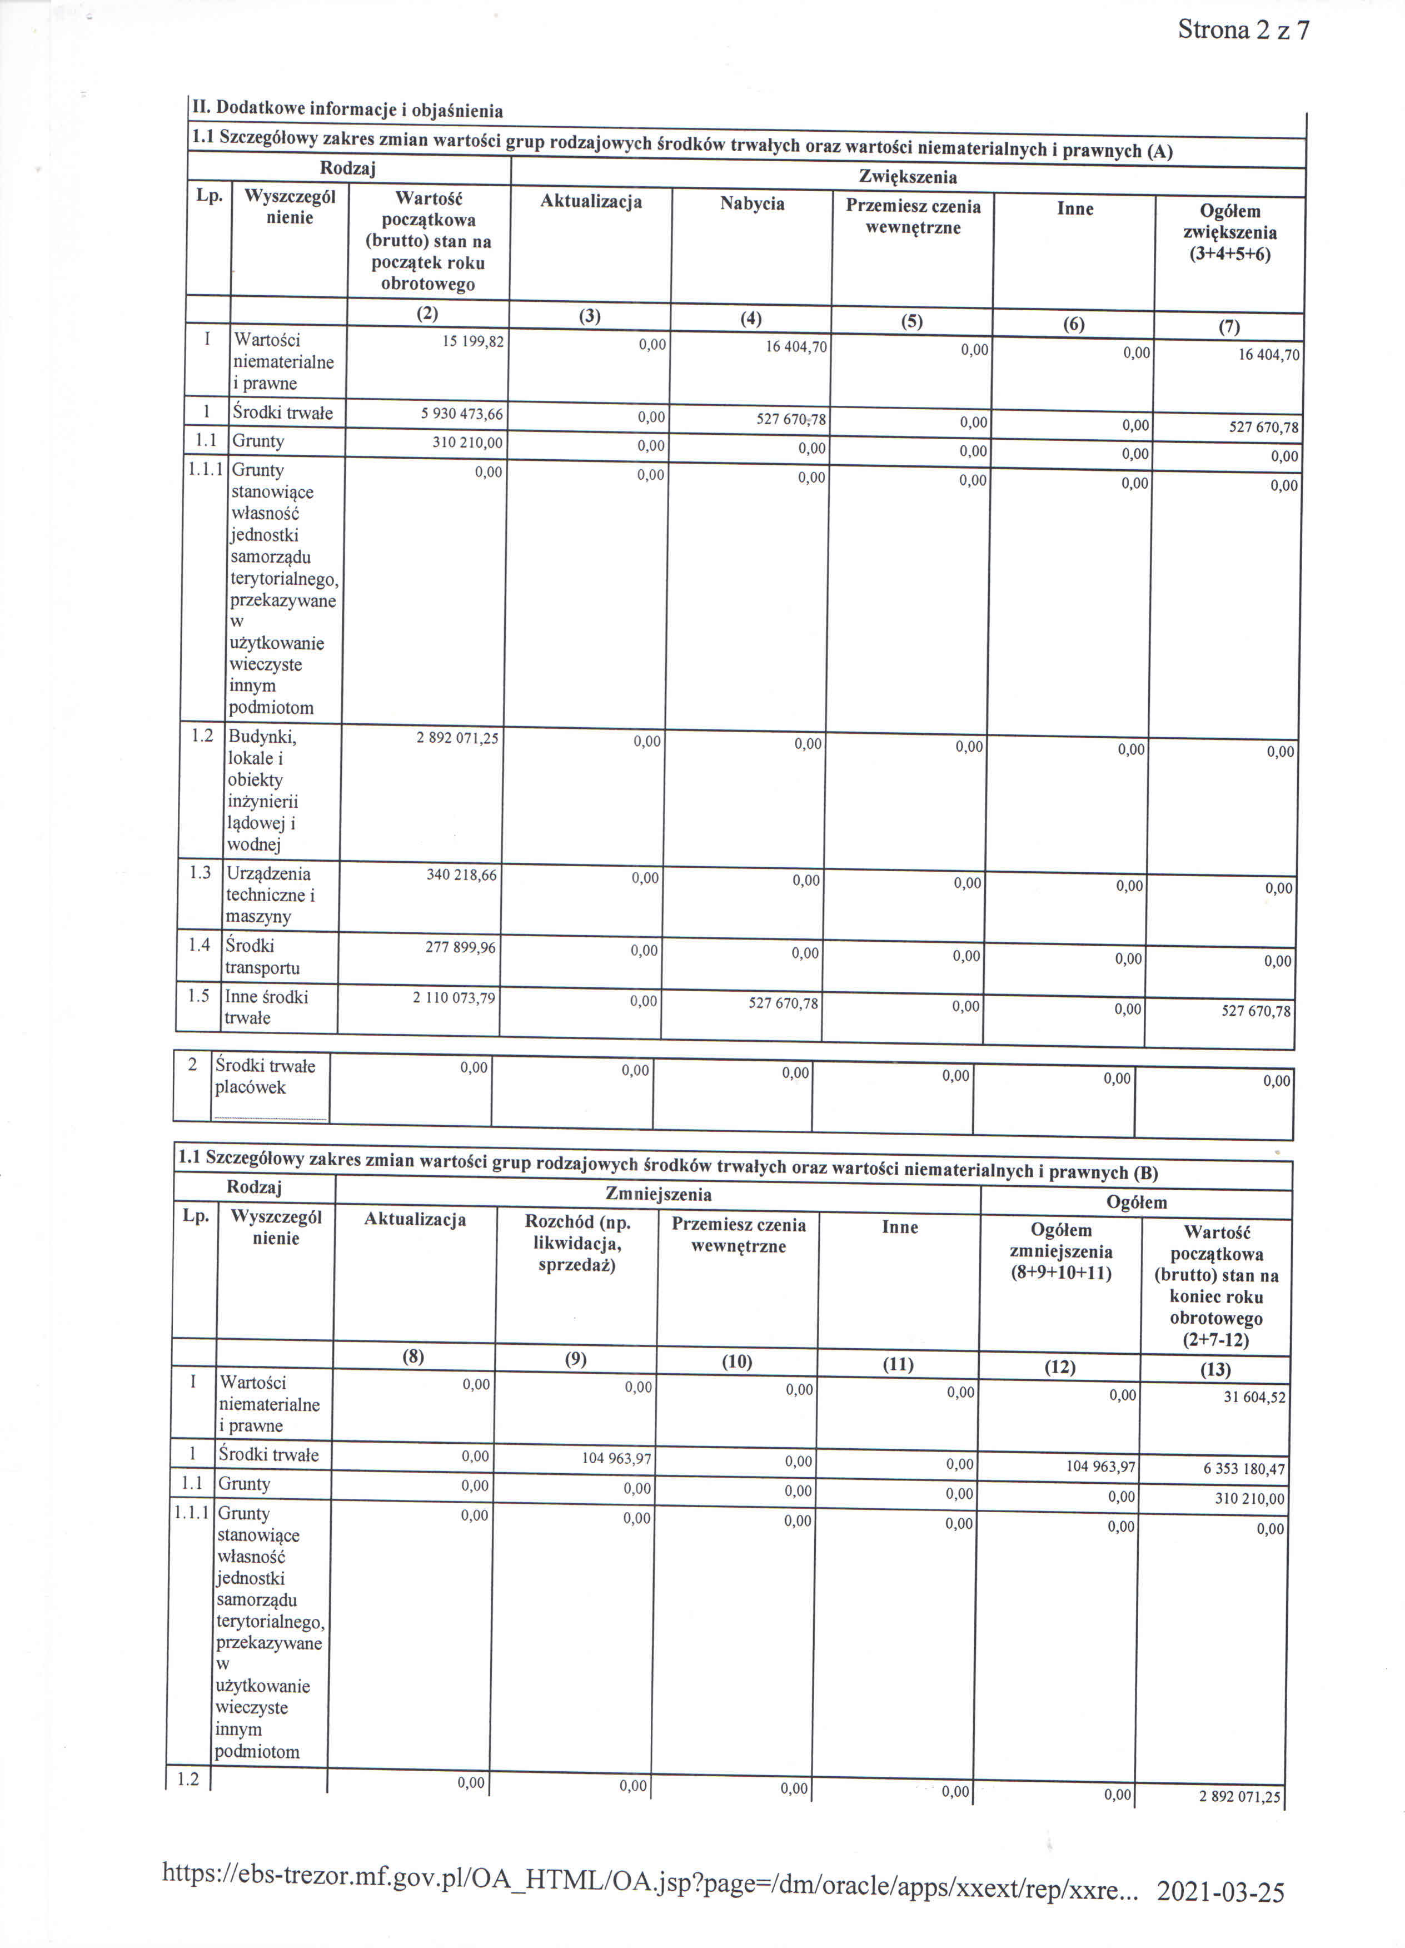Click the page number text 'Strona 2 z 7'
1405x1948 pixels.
[x=1243, y=31]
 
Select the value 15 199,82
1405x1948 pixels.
[x=472, y=341]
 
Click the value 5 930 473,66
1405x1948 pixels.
[x=461, y=414]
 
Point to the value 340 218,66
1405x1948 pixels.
[x=461, y=874]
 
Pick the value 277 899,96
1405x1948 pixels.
[x=460, y=947]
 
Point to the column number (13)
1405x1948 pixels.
[x=1215, y=1370]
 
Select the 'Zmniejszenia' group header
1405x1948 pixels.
[x=658, y=1194]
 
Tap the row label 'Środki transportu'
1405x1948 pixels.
[x=262, y=957]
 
